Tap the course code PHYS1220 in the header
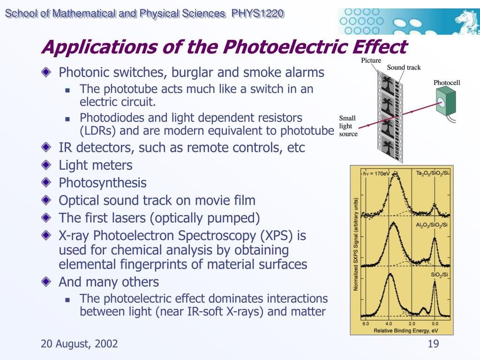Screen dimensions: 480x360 pos(258,14)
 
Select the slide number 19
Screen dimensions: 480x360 pos(433,344)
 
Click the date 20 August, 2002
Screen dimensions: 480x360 pos(79,344)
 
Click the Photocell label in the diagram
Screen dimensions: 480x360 pos(447,82)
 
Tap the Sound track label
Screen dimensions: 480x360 pos(404,67)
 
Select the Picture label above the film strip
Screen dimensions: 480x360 pos(371,60)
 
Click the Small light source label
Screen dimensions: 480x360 pos(348,126)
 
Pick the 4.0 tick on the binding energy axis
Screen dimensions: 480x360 pos(389,323)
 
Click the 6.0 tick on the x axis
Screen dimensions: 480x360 pos(366,323)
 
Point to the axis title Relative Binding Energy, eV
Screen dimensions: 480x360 pos(406,330)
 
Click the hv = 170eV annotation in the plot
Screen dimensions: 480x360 pos(376,173)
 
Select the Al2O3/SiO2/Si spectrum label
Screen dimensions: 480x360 pos(432,225)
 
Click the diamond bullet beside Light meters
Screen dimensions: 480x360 pos(46,165)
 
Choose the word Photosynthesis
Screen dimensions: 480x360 pos(103,183)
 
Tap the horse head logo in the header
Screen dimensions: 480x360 pos(466,21)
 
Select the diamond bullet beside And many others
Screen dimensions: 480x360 pos(46,282)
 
